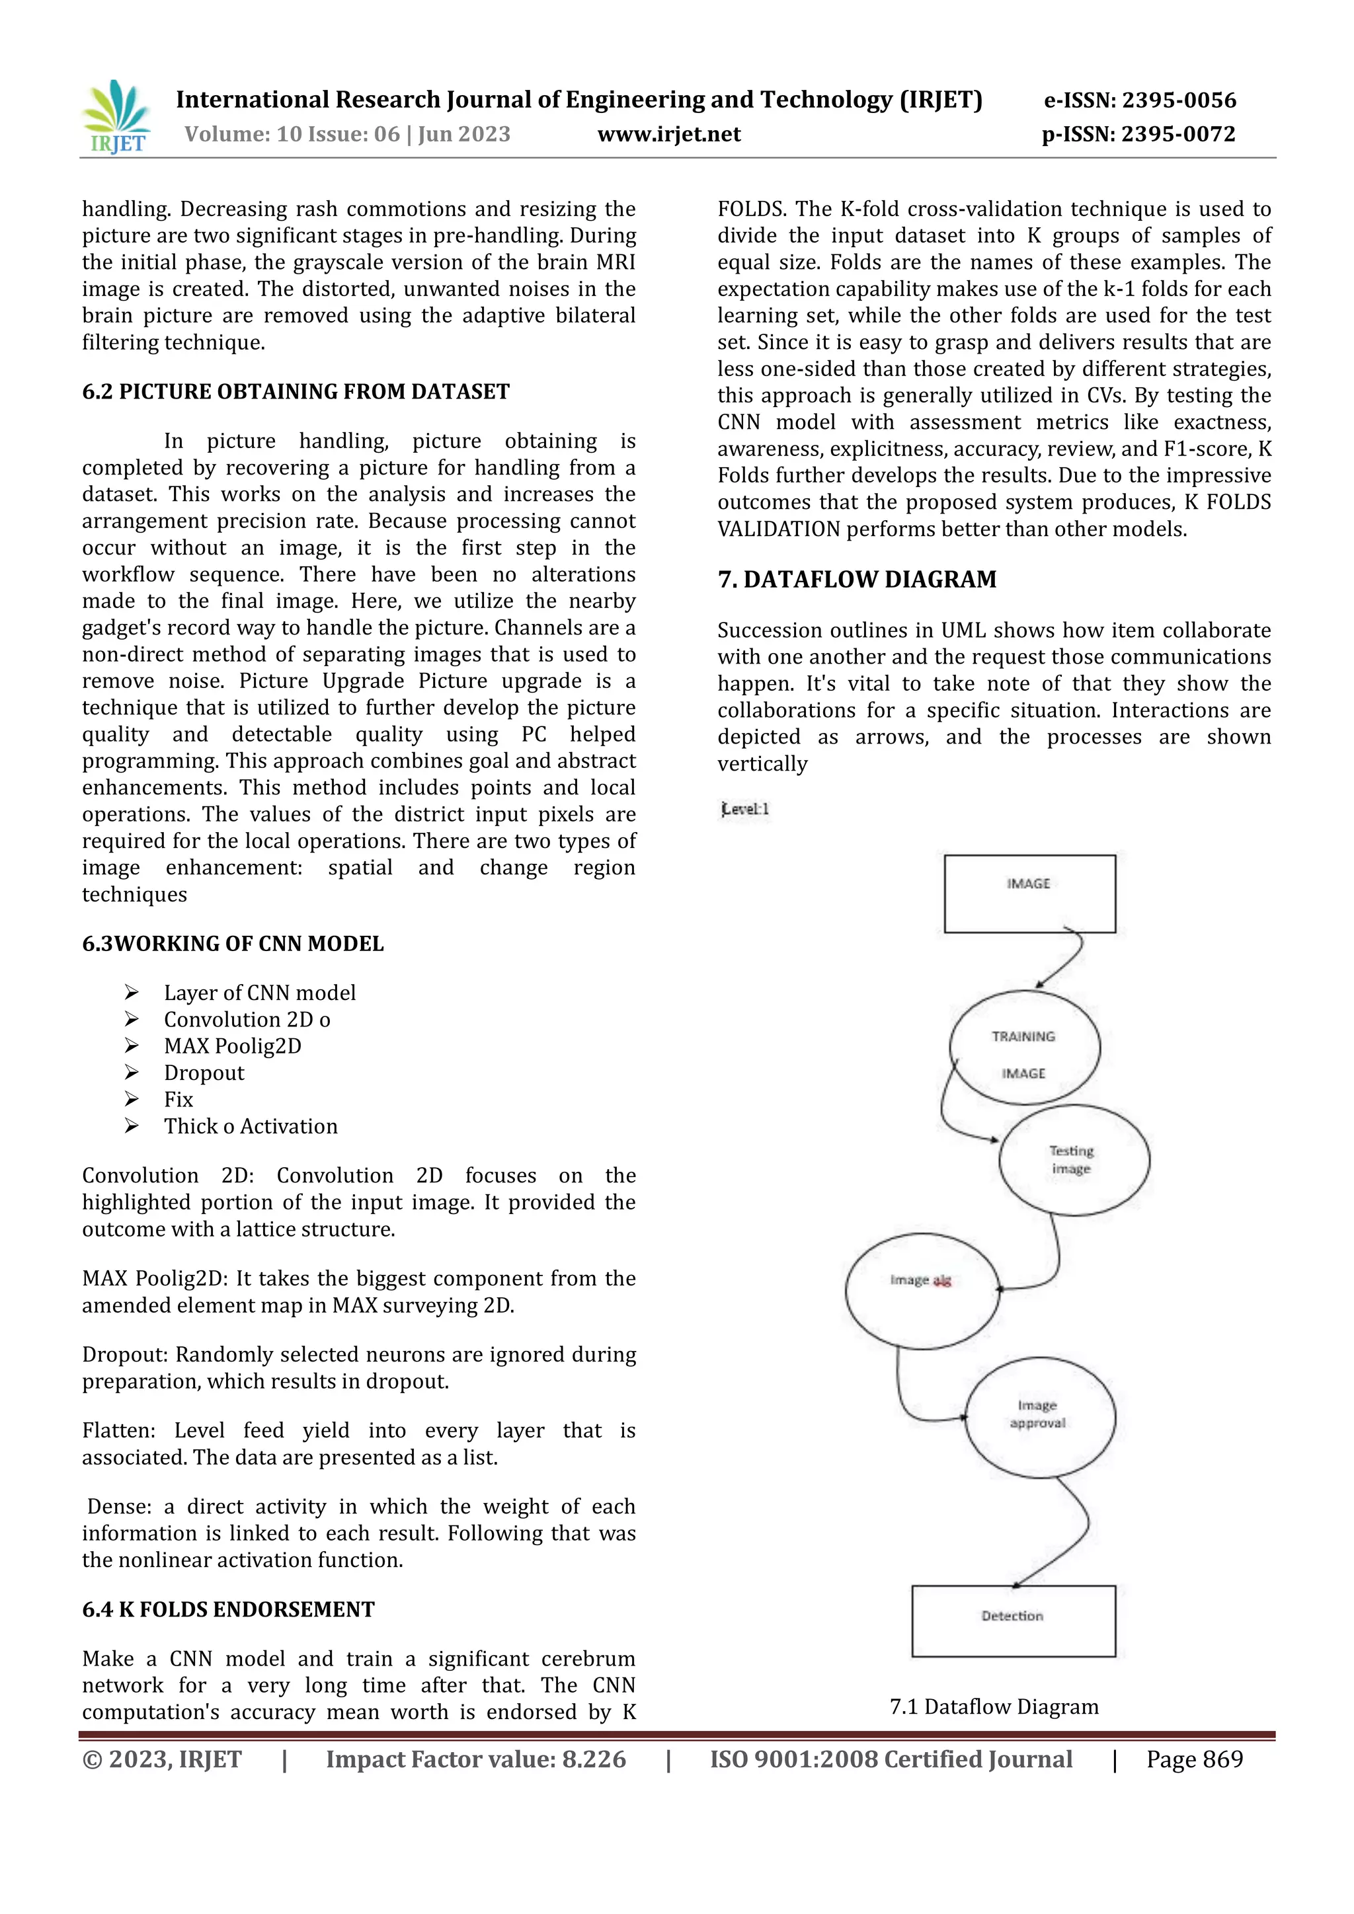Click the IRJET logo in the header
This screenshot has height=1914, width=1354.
coord(117,117)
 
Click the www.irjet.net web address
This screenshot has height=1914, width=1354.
coord(668,134)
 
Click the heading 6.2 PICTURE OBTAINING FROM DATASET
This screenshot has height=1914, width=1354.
coord(296,392)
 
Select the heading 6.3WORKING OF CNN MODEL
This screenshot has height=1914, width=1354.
coord(233,944)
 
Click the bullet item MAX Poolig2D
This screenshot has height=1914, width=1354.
coord(233,1046)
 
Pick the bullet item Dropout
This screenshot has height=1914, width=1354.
coord(204,1073)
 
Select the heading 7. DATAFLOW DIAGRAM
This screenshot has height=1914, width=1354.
coord(857,580)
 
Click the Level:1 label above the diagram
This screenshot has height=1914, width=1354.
coord(744,808)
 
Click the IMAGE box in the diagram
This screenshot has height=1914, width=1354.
coord(1029,893)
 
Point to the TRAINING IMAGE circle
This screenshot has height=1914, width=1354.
coord(1024,1048)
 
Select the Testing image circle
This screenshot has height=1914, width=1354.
coord(1073,1160)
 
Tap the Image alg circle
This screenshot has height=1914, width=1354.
coord(921,1291)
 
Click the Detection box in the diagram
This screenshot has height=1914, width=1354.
coord(1013,1620)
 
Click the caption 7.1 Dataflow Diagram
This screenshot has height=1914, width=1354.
coord(994,1706)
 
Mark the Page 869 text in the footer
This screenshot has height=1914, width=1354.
coord(1194,1759)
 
